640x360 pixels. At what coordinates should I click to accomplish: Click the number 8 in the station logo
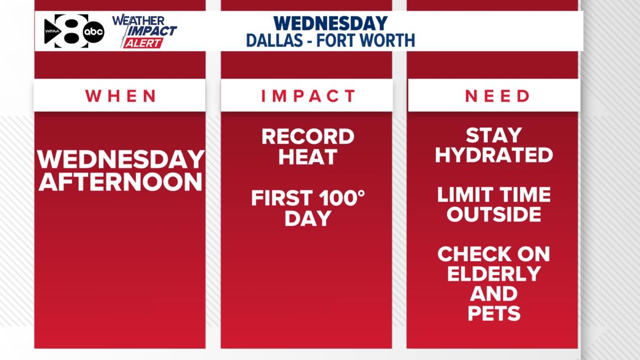[x=72, y=31]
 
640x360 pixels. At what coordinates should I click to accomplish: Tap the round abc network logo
[x=94, y=32]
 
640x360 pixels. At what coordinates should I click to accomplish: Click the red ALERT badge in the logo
[x=143, y=43]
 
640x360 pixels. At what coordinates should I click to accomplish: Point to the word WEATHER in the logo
[x=139, y=20]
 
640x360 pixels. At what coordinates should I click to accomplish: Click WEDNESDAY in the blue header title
[x=330, y=23]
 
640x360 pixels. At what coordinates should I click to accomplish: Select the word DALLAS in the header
[x=275, y=40]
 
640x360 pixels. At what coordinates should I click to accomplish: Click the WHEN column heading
[x=121, y=97]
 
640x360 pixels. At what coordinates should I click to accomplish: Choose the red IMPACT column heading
[x=308, y=97]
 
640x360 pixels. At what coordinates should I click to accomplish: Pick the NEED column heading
[x=497, y=97]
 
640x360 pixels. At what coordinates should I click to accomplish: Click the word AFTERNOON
[x=120, y=181]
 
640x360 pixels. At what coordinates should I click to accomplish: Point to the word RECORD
[x=308, y=136]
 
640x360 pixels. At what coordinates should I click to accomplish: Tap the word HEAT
[x=308, y=157]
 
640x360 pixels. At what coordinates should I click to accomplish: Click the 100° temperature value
[x=342, y=198]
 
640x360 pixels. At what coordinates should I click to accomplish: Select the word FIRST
[x=282, y=198]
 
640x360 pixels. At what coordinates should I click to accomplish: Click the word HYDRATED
[x=494, y=155]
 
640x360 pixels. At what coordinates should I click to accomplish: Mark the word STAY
[x=494, y=135]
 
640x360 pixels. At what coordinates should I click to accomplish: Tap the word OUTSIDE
[x=494, y=215]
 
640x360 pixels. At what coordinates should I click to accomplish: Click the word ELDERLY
[x=494, y=274]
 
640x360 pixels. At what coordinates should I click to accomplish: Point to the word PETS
[x=494, y=313]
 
